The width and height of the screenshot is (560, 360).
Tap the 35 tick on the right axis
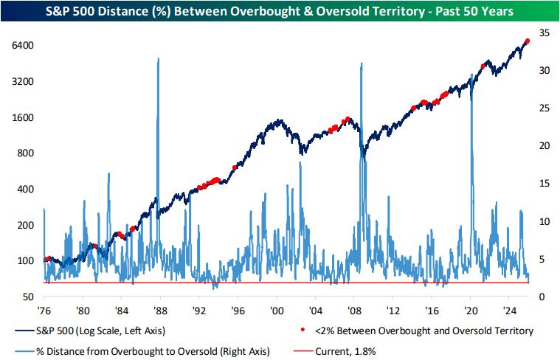pyautogui.click(x=544, y=33)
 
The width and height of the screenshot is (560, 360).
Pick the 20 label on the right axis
pyautogui.click(x=544, y=146)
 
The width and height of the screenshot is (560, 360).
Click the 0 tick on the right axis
pyautogui.click(x=541, y=297)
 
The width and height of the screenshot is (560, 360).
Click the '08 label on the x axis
pyautogui.click(x=354, y=310)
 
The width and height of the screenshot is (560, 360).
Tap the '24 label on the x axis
pyautogui.click(x=508, y=310)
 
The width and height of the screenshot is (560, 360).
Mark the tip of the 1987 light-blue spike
pyautogui.click(x=159, y=59)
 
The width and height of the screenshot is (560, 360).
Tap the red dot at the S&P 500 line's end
pyautogui.click(x=526, y=41)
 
